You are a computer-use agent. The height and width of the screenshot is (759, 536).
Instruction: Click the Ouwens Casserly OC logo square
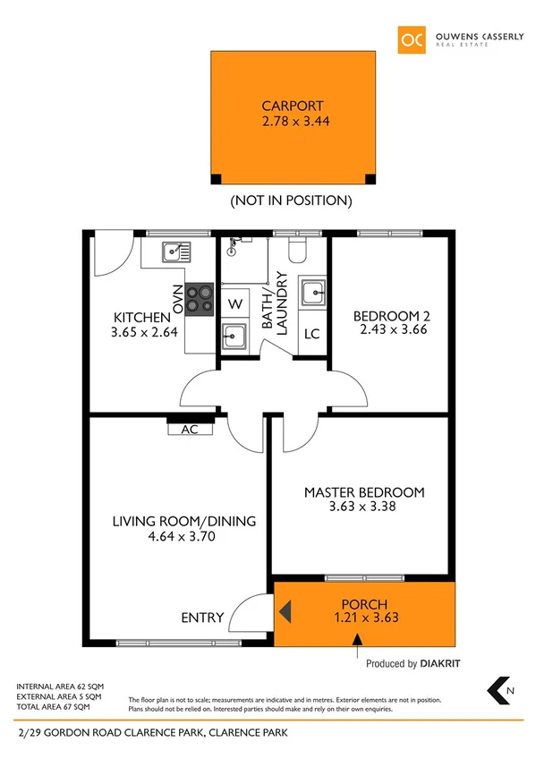coord(413,40)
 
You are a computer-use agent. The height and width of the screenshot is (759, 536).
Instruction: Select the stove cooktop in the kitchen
coord(200,298)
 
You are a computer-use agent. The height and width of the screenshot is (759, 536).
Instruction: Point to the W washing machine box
coord(235,304)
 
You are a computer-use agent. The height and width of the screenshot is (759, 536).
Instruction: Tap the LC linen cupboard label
coord(312,336)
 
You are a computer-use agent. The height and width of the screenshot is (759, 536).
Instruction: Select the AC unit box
coord(190,429)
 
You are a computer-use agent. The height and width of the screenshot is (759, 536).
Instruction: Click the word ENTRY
coord(201,618)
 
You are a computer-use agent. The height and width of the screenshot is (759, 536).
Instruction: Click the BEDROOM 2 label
coord(388,316)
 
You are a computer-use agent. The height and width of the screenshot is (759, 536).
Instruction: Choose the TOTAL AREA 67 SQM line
coord(59,706)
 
